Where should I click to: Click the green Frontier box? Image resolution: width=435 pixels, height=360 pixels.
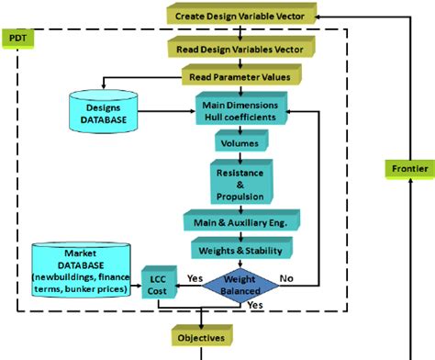tap(407, 169)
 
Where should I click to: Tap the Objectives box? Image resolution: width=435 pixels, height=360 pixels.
tap(201, 337)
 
